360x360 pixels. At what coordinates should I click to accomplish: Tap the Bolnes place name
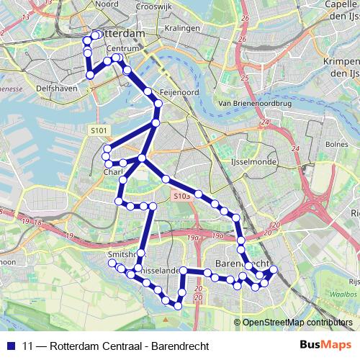(336, 144)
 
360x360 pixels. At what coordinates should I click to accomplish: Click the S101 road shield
(99, 130)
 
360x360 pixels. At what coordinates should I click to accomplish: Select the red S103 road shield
(181, 195)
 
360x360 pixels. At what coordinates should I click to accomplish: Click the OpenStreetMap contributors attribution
(297, 323)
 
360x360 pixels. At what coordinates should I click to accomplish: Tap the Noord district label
(106, 4)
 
